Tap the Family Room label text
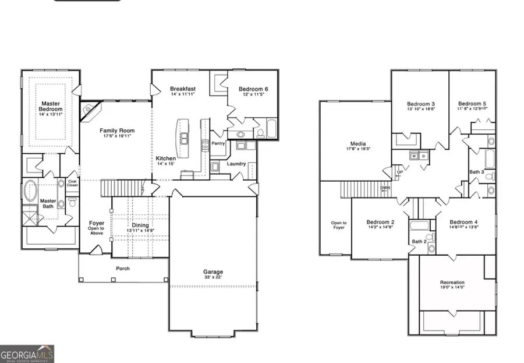[x=116, y=131]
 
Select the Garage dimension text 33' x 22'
[x=213, y=278]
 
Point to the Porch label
[x=122, y=269]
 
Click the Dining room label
[x=140, y=225]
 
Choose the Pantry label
[x=218, y=143]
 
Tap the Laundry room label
[x=237, y=164]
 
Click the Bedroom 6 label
[x=253, y=89]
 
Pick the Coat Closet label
[x=72, y=182]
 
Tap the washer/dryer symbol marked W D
[x=417, y=156]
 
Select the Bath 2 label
[x=419, y=241]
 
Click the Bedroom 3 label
[x=420, y=104]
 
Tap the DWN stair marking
[x=385, y=188]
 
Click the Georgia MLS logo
[x=27, y=353]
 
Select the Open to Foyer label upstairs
[x=339, y=225]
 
